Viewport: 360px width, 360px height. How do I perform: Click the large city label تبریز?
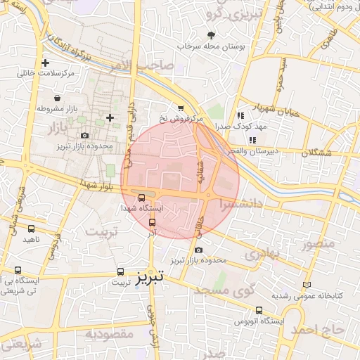coord(150,277)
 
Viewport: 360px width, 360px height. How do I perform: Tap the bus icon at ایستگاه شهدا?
coord(143,198)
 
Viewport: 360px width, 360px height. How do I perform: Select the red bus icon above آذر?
coord(153,222)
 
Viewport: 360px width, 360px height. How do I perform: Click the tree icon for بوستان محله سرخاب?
coord(212,35)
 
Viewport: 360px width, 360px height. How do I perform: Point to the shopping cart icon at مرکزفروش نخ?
coord(181,108)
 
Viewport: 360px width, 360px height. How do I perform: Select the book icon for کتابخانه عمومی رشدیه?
coord(305,285)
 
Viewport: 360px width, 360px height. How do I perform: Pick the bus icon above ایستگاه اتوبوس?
coord(259,310)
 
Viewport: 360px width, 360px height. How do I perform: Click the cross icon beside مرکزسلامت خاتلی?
coord(45,63)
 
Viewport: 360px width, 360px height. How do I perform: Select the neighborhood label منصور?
coord(316,245)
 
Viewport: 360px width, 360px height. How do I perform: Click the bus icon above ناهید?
coord(31,229)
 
